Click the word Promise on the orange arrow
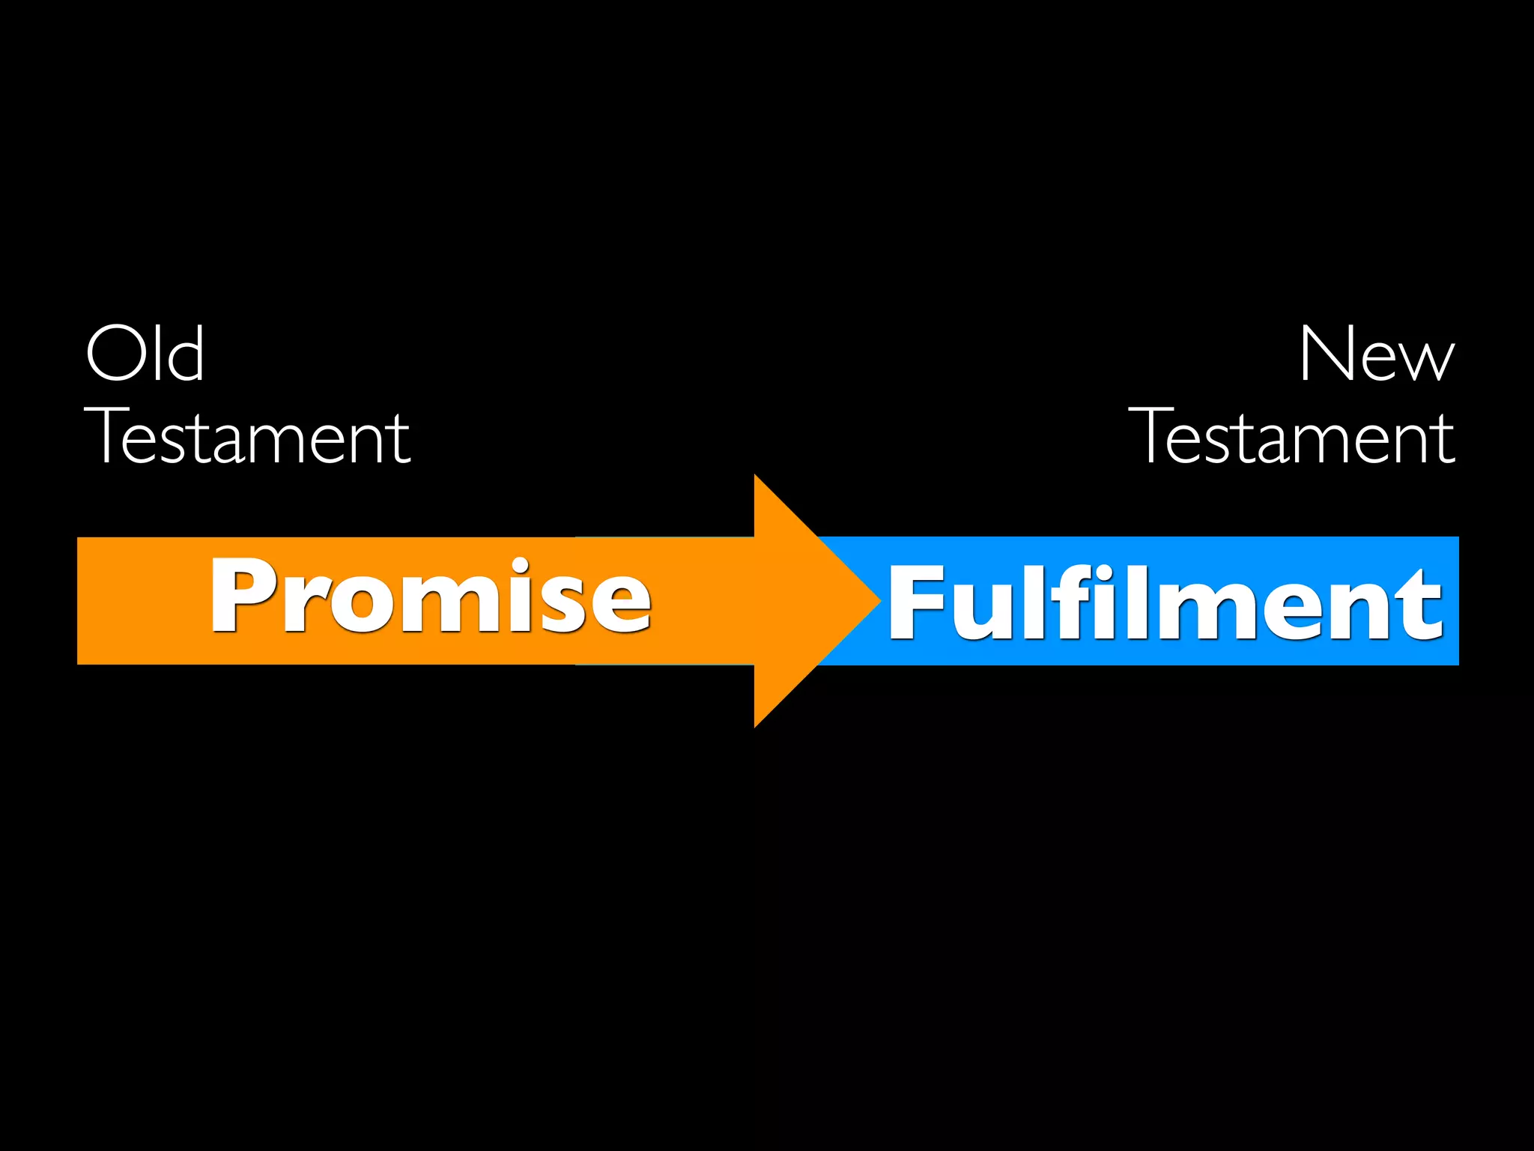click(431, 596)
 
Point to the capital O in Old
click(117, 354)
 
